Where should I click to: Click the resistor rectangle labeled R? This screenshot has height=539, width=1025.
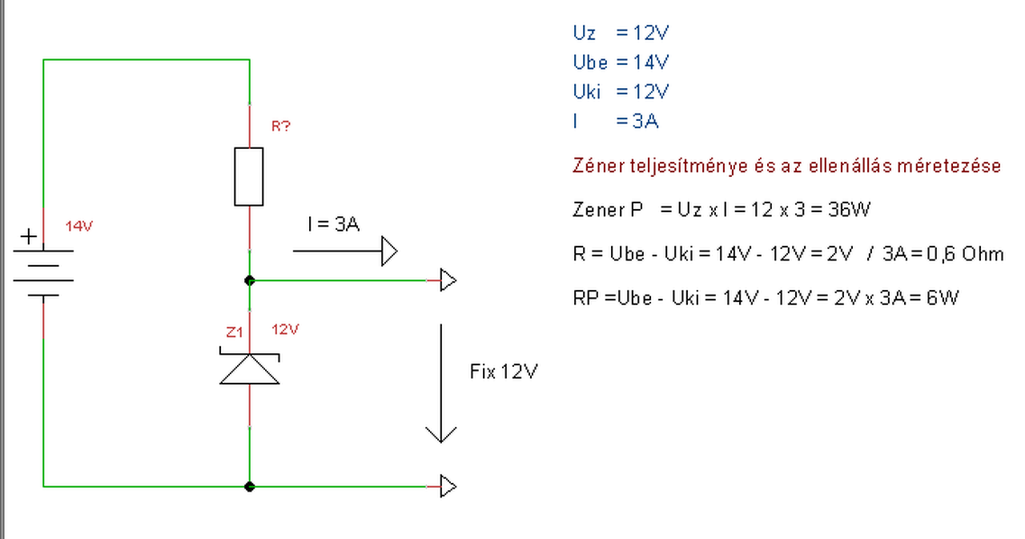pos(249,176)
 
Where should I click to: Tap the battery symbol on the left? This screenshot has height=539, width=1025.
pos(44,272)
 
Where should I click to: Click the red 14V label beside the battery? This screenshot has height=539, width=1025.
pos(79,227)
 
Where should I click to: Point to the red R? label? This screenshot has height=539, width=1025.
pos(280,126)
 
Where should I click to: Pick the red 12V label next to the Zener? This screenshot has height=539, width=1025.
pos(285,329)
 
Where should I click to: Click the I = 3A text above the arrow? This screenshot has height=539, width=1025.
pos(333,224)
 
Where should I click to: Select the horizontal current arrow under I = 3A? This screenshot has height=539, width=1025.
pos(345,251)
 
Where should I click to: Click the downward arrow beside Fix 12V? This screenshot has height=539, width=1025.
pos(440,384)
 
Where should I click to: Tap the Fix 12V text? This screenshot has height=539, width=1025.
pos(503,372)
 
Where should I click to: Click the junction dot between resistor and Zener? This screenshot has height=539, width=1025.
pos(250,280)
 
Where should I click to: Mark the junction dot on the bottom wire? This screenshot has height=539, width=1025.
pos(250,485)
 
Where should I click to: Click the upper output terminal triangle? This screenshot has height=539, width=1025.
pos(448,280)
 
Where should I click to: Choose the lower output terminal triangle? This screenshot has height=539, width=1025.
pos(448,485)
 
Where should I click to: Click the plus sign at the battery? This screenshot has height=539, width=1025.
pos(28,236)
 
